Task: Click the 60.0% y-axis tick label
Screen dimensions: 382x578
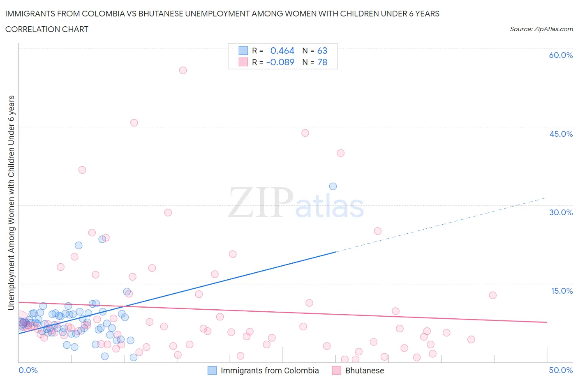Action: coord(561,55)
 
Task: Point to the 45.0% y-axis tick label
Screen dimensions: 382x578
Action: coord(561,134)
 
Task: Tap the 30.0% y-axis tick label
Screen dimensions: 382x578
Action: coord(561,212)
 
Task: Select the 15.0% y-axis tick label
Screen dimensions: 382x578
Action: coord(562,291)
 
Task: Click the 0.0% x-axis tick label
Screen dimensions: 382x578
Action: coord(28,370)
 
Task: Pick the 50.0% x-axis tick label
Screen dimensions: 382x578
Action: coord(561,370)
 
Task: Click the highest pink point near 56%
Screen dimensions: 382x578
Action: coord(183,70)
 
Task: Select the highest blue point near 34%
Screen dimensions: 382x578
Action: coord(333,186)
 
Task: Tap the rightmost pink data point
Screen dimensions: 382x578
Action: coord(493,295)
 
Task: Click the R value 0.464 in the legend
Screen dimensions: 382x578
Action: coord(282,51)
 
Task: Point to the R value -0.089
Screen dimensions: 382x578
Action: coord(280,62)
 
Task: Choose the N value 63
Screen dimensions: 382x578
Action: coord(322,51)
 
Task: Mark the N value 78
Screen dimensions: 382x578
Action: coord(322,62)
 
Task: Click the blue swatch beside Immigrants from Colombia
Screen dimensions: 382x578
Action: coord(212,370)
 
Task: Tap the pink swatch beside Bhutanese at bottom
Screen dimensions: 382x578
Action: coord(337,370)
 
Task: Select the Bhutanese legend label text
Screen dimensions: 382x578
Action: coord(365,370)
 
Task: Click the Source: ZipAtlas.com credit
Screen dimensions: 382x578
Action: coord(541,29)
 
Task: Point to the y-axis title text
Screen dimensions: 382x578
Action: coord(12,203)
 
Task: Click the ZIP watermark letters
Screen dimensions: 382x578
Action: coord(261,203)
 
